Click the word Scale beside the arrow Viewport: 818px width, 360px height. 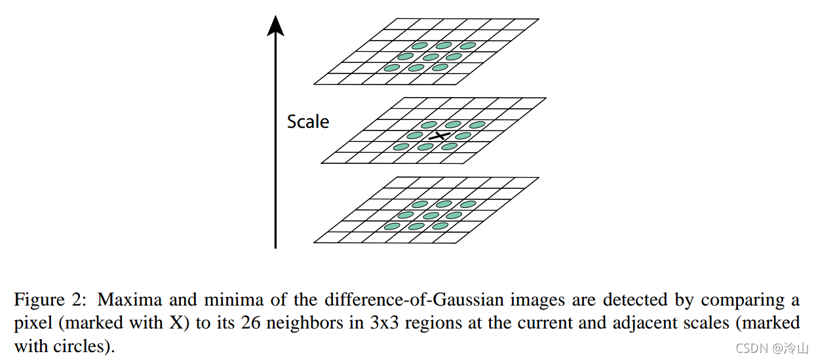[x=308, y=121]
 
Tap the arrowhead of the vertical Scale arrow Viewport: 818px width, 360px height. [x=276, y=24]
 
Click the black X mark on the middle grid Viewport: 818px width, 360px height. [x=440, y=135]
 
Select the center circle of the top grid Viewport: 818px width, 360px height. [x=431, y=57]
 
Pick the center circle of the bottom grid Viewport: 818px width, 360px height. [x=430, y=215]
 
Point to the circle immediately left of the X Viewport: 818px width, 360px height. [x=415, y=136]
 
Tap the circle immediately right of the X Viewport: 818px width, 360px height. [x=463, y=136]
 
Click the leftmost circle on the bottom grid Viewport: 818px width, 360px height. [x=392, y=226]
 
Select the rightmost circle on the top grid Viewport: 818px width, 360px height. [x=468, y=46]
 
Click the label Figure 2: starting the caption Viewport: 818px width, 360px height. [x=49, y=300]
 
